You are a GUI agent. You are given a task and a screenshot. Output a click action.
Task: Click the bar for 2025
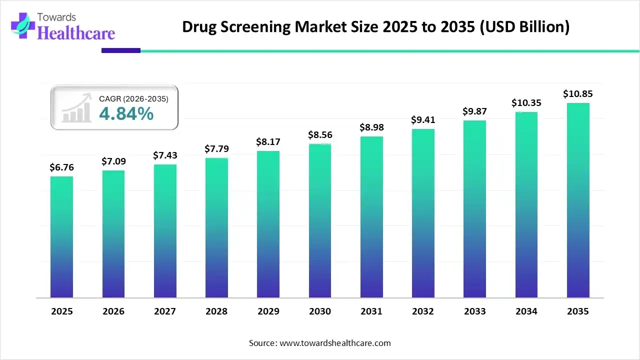61,237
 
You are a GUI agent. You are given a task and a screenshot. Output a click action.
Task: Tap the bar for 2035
578,200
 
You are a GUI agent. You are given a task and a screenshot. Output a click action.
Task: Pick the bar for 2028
216,227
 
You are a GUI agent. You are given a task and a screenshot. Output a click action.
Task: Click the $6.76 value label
61,167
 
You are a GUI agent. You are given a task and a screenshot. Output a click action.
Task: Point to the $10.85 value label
578,93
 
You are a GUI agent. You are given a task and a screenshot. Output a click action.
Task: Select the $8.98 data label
371,127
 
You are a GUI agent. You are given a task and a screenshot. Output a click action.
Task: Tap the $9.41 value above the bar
423,120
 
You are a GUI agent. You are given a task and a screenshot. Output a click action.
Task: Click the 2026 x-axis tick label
113,311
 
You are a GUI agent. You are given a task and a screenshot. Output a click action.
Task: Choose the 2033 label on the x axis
474,311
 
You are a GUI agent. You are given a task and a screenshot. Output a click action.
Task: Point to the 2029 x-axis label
268,311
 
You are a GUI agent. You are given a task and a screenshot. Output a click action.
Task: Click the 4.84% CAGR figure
126,114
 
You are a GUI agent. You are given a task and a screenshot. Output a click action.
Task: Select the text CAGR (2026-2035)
133,99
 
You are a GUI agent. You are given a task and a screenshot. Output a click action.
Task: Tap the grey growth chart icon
76,107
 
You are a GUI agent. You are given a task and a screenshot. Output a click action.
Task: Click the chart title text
375,26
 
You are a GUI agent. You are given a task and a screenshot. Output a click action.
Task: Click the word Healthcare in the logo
76,33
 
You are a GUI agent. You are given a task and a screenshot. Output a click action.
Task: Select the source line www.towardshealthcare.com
319,343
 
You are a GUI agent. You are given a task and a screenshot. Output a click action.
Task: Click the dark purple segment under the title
121,50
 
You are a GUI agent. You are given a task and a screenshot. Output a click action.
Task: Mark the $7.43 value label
165,155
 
